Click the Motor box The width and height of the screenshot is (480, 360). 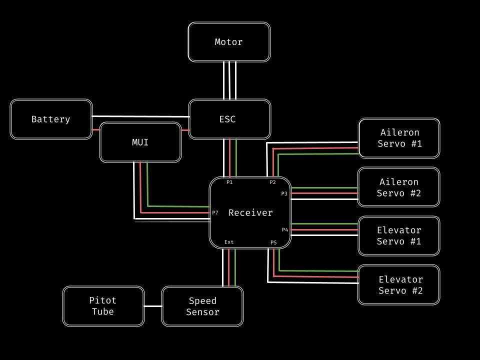[x=229, y=42]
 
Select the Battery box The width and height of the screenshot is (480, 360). [x=51, y=119]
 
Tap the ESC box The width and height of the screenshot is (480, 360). [x=229, y=119]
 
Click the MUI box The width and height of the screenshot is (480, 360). [x=140, y=142]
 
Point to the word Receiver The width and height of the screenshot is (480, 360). [x=250, y=213]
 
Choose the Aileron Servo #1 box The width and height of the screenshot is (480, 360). [x=399, y=138]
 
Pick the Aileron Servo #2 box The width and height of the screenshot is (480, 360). [x=398, y=187]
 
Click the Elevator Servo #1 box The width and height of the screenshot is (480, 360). [x=398, y=236]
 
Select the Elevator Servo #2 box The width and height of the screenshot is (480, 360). [x=398, y=285]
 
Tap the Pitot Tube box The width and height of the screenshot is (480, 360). [x=103, y=306]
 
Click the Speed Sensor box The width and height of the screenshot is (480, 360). [x=202, y=306]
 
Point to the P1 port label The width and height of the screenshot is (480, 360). [x=229, y=182]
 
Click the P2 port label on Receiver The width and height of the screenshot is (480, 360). [x=272, y=182]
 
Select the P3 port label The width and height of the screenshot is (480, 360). [x=284, y=193]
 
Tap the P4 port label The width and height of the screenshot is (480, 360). [x=285, y=230]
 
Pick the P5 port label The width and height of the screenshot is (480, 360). [x=273, y=242]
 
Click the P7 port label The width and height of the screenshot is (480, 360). [x=215, y=213]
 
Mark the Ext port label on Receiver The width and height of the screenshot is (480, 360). [x=229, y=242]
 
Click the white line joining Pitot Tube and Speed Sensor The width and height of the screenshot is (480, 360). [x=153, y=306]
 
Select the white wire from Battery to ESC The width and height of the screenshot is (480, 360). [x=140, y=116]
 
